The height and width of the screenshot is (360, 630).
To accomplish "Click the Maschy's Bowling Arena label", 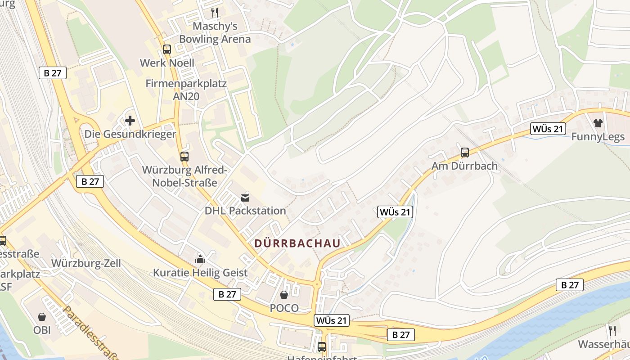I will pyautogui.click(x=215, y=32).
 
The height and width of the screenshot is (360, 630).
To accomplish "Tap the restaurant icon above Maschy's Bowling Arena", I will pyautogui.click(x=215, y=12).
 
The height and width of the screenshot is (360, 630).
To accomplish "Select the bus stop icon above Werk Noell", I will pyautogui.click(x=167, y=49).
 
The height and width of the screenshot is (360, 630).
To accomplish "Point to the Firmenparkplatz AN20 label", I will pyautogui.click(x=186, y=90).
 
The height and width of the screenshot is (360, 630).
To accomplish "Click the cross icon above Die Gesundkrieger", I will pyautogui.click(x=130, y=121).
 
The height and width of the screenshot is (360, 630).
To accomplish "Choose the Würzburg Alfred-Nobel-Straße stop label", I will pyautogui.click(x=184, y=176).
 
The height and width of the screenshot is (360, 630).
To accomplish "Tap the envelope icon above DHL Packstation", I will pyautogui.click(x=245, y=197).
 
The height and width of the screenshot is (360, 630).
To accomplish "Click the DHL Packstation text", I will pyautogui.click(x=245, y=211).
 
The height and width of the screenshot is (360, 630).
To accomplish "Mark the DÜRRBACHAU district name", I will pyautogui.click(x=297, y=243).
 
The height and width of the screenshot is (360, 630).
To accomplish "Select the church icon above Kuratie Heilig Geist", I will pyautogui.click(x=200, y=259).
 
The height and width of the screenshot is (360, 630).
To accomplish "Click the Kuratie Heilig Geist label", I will pyautogui.click(x=200, y=273).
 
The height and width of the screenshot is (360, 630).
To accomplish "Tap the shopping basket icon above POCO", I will pyautogui.click(x=284, y=295).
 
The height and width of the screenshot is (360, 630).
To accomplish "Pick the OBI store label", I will pyautogui.click(x=42, y=330).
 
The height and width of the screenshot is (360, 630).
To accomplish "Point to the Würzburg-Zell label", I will pyautogui.click(x=86, y=263).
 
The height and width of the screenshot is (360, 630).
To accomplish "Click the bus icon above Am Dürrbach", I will pyautogui.click(x=465, y=153).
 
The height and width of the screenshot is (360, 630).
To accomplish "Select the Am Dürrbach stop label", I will pyautogui.click(x=465, y=166).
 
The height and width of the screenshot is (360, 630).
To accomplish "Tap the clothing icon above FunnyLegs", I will pyautogui.click(x=598, y=123).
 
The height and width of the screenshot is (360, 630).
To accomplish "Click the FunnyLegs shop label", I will pyautogui.click(x=598, y=137).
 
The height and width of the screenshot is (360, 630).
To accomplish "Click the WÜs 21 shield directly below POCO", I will pyautogui.click(x=332, y=320).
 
